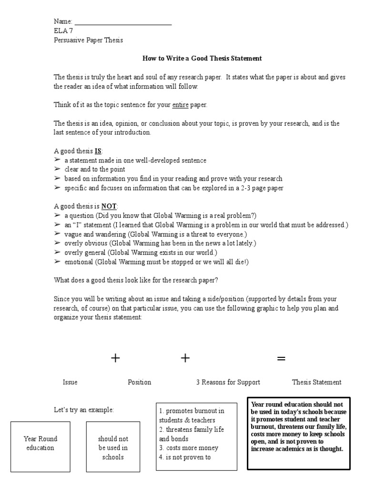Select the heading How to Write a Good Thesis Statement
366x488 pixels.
click(x=202, y=59)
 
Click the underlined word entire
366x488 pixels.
click(x=180, y=105)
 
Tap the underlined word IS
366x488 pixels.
click(x=98, y=151)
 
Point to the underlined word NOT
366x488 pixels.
click(x=109, y=206)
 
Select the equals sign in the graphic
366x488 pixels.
click(x=281, y=359)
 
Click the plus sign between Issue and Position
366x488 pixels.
click(x=115, y=358)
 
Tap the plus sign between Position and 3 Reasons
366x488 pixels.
click(x=185, y=358)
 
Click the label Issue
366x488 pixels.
click(x=70, y=382)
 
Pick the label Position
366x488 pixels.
click(x=139, y=382)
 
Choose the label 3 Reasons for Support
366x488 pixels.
click(x=228, y=382)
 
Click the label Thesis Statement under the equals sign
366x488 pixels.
click(x=316, y=382)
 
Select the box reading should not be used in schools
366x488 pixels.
click(x=113, y=446)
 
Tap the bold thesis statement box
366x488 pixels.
click(x=299, y=433)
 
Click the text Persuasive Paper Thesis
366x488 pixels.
click(x=88, y=40)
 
